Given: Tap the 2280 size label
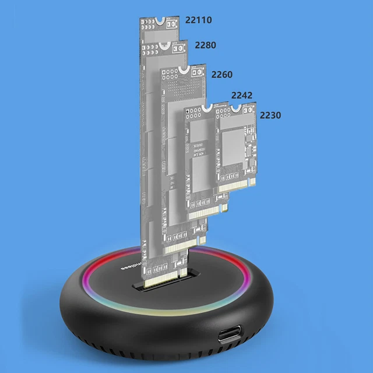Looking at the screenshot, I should click(205, 45).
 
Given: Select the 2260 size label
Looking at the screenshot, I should click(221, 75).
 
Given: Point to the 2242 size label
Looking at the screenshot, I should click(241, 95).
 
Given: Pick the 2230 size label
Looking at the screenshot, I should click(270, 115).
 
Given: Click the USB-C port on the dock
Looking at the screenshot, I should click(231, 336).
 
